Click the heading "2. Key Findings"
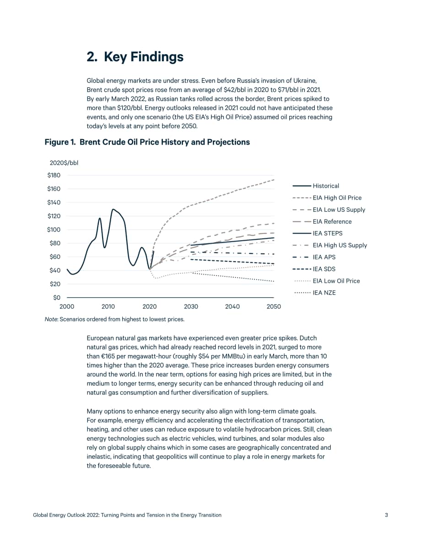click(x=135, y=57)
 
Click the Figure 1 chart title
click(x=147, y=142)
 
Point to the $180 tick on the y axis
click(x=54, y=175)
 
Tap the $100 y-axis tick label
click(x=54, y=229)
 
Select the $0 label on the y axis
click(x=57, y=297)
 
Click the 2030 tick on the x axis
click(x=191, y=307)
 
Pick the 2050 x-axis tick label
click(x=274, y=307)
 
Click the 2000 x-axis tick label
click(x=67, y=307)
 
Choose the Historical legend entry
click(x=316, y=186)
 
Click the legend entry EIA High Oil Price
click(x=327, y=198)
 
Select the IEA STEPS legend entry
click(x=318, y=233)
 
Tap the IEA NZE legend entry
click(x=315, y=293)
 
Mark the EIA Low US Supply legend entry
click(x=329, y=210)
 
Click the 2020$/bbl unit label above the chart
click(x=64, y=162)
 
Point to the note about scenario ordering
click(x=114, y=319)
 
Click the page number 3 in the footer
click(x=386, y=515)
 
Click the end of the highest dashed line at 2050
click(x=274, y=179)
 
